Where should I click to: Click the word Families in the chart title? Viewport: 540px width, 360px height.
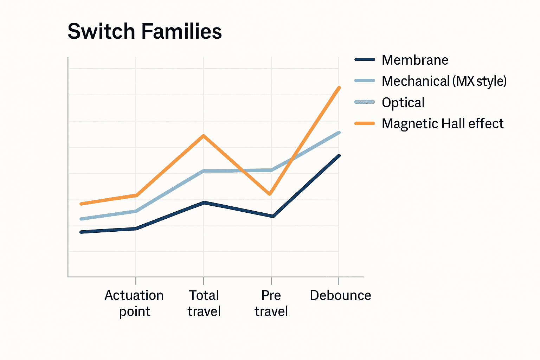[x=181, y=31]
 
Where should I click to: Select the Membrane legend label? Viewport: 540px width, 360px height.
[x=415, y=60]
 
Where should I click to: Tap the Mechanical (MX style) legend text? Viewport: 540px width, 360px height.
[x=444, y=81]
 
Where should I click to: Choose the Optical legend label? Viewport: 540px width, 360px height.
[x=403, y=103]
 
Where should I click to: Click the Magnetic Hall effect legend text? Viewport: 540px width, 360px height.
[x=443, y=124]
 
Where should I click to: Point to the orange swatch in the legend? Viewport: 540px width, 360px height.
[x=365, y=123]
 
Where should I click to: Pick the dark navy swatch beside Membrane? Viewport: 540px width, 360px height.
[x=365, y=59]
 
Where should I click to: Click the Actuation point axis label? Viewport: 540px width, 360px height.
[x=134, y=303]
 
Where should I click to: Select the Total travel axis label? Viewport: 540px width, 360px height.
[x=204, y=303]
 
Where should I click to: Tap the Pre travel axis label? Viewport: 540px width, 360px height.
[x=271, y=303]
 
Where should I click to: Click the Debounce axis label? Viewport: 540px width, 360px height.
[x=340, y=295]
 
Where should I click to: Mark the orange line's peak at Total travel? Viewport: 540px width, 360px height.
[x=204, y=136]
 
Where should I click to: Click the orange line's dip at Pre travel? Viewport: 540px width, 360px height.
[x=270, y=194]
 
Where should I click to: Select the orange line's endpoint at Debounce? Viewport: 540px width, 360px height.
[x=339, y=88]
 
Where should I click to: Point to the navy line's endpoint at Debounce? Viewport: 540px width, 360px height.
[x=339, y=155]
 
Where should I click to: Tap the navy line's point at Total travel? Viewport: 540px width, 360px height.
[x=204, y=202]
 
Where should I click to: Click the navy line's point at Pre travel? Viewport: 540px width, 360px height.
[x=273, y=216]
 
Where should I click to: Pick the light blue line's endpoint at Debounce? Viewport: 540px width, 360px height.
[x=339, y=133]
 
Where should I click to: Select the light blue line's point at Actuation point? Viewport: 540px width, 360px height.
[x=136, y=211]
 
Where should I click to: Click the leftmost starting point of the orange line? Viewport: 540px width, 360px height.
[x=81, y=204]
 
